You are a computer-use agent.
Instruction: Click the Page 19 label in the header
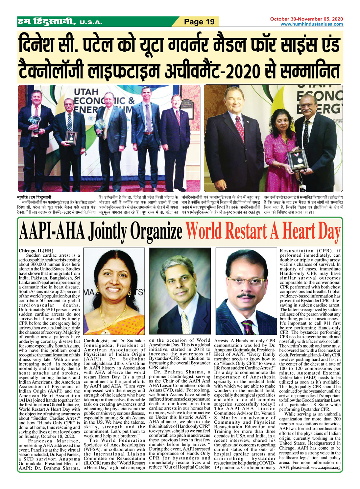pyautogui.click(x=199, y=22)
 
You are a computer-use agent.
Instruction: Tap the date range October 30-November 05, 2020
pyautogui.click(x=306, y=19)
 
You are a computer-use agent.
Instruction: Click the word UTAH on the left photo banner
pyautogui.click(x=86, y=92)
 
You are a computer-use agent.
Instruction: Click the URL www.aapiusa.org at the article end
pyautogui.click(x=326, y=467)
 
